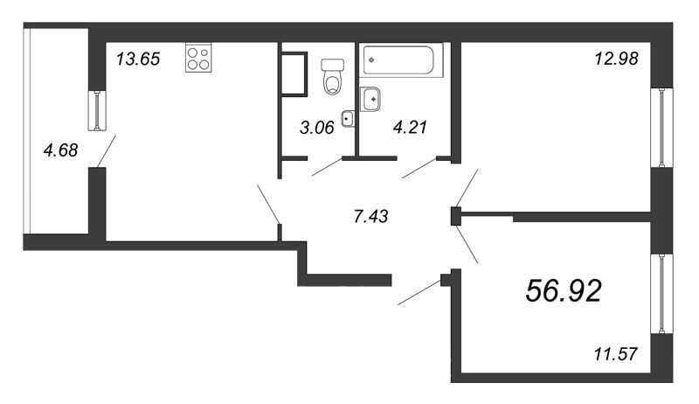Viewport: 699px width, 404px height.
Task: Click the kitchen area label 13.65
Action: click(138, 59)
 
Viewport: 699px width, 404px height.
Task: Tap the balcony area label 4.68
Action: click(60, 150)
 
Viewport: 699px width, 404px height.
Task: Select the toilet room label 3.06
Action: click(317, 128)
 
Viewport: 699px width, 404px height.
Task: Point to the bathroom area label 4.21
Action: click(410, 127)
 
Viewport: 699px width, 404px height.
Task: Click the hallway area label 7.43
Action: click(370, 217)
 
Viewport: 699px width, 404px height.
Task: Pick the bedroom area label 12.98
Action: click(617, 59)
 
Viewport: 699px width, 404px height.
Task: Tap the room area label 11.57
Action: click(616, 354)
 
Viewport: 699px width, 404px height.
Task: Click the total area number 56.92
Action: click(564, 290)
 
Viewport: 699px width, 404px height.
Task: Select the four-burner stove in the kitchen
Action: click(198, 58)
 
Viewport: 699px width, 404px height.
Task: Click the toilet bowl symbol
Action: click(333, 77)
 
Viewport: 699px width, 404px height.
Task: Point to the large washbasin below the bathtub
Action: click(370, 99)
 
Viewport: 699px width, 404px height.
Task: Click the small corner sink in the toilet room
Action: click(348, 119)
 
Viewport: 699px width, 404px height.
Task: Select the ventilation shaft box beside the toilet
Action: click(294, 74)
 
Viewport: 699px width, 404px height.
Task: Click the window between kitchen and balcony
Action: click(97, 110)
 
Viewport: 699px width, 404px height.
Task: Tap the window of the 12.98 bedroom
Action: click(661, 128)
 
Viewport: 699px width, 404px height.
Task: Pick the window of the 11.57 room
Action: click(661, 294)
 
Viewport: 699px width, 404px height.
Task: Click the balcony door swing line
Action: click(106, 151)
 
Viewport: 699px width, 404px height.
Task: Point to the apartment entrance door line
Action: click(419, 293)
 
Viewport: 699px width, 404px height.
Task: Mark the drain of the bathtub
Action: click(372, 59)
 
